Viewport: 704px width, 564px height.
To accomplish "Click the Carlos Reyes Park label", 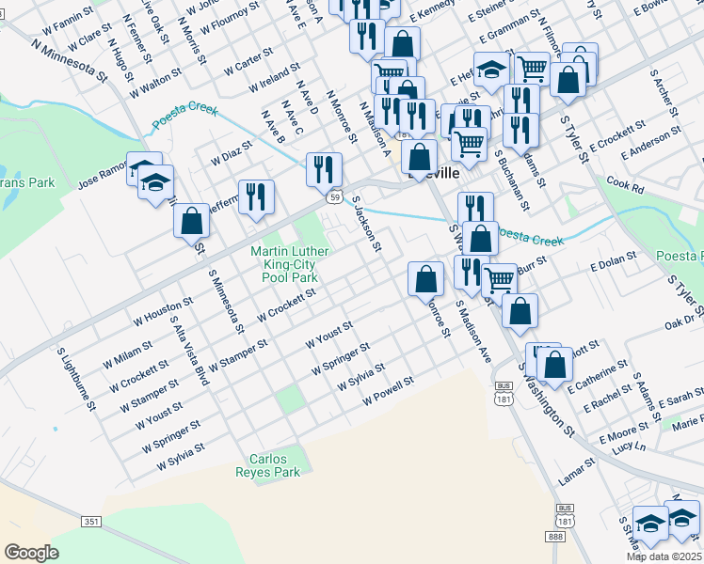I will point(274,465).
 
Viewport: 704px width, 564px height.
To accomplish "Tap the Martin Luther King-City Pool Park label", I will point(290,265).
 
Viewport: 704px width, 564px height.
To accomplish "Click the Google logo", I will point(31,553).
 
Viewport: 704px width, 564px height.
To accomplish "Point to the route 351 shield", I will point(91,522).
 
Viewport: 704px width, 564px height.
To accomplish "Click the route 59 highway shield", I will point(334,197).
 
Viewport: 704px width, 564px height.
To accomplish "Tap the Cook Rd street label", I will point(625,185).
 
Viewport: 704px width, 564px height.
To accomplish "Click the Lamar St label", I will point(577,464).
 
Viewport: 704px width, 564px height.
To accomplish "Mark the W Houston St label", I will point(161,310).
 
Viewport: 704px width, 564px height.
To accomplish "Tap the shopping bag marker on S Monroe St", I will point(425,277).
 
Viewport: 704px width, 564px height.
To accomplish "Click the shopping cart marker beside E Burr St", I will point(499,279).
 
